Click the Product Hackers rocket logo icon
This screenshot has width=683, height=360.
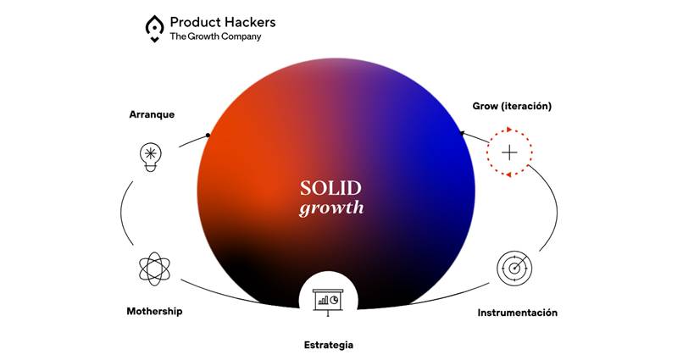tap(154, 29)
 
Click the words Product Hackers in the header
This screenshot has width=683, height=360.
tap(223, 22)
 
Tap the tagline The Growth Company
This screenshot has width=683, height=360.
tap(215, 36)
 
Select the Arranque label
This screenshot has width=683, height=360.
tap(152, 114)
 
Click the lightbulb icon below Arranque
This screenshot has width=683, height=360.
tap(151, 158)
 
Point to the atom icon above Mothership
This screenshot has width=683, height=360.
tap(154, 269)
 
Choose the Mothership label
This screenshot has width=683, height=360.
tap(154, 311)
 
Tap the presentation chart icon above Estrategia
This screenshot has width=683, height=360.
tap(328, 302)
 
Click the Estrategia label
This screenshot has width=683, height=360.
tap(329, 346)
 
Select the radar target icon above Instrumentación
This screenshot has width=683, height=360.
tap(514, 269)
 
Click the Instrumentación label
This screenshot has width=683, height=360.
tap(518, 313)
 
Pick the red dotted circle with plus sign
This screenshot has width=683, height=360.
tap(509, 152)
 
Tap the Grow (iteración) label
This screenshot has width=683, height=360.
tap(512, 106)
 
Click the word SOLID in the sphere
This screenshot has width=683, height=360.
tap(330, 188)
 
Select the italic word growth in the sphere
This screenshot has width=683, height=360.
tap(331, 208)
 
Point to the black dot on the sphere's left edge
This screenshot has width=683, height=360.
tap(208, 136)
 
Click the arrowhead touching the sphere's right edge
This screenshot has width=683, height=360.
tap(463, 133)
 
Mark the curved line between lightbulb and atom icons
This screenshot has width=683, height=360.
tap(121, 213)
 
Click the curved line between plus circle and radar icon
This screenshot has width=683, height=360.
tap(557, 209)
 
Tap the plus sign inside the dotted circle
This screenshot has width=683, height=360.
tap(509, 152)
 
